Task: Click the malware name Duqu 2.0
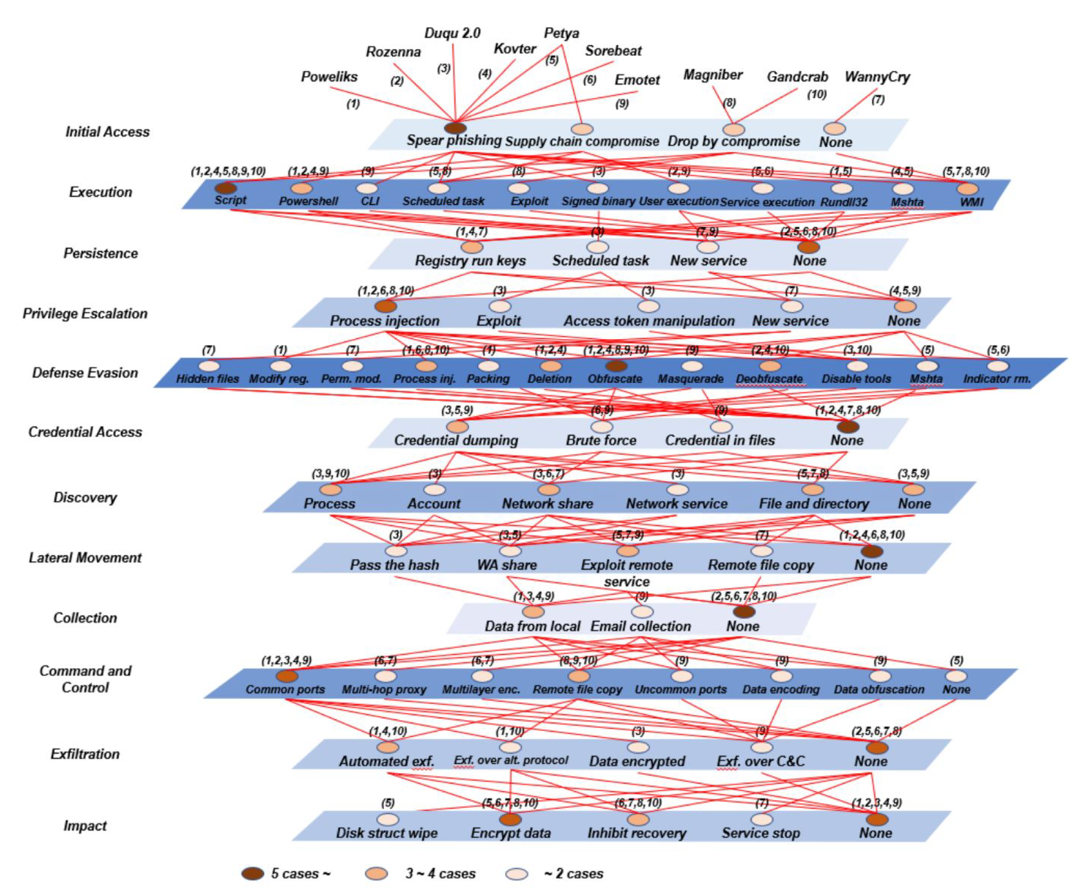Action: click(x=452, y=33)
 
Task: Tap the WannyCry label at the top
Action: click(x=877, y=77)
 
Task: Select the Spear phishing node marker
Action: click(x=455, y=128)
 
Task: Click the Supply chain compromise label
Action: click(x=582, y=141)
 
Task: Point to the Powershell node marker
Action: click(x=301, y=188)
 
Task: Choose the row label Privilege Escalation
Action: click(x=85, y=313)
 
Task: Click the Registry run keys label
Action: click(x=470, y=260)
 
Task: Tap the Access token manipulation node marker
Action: click(x=648, y=306)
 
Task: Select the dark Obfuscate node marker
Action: click(x=616, y=366)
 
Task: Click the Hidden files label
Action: click(x=207, y=379)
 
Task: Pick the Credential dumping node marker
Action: click(x=457, y=426)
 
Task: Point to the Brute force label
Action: click(x=601, y=440)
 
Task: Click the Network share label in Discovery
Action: click(x=547, y=503)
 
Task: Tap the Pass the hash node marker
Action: click(x=396, y=551)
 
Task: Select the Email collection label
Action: click(x=640, y=626)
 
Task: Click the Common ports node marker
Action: click(x=287, y=676)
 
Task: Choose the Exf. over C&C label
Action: click(x=760, y=761)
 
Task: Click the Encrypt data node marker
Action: click(x=510, y=819)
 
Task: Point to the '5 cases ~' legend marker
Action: click(x=252, y=873)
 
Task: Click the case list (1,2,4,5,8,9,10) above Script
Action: click(x=228, y=171)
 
